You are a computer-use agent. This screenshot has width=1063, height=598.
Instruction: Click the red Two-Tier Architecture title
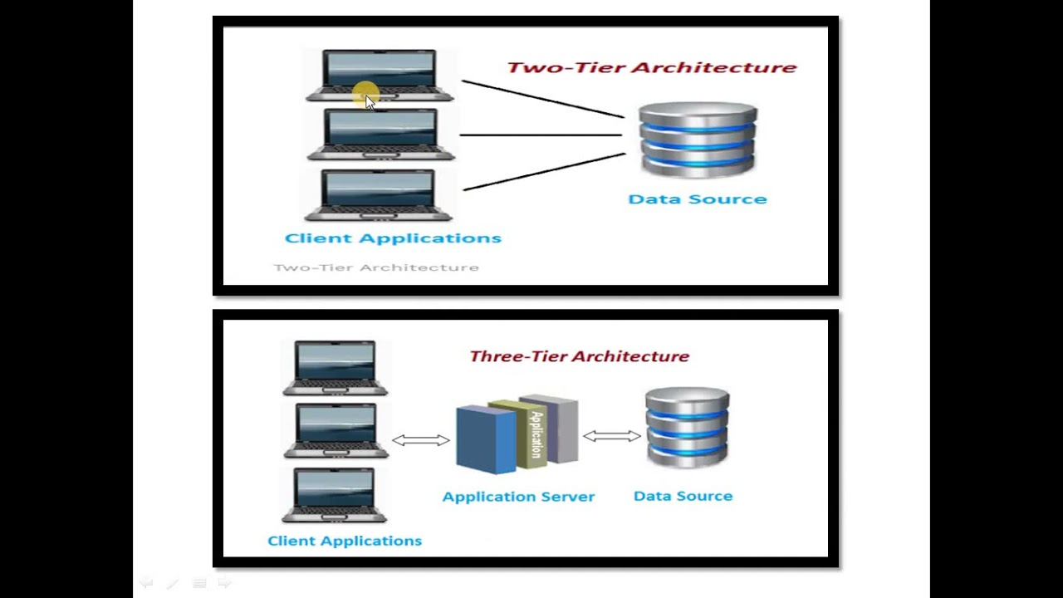click(651, 67)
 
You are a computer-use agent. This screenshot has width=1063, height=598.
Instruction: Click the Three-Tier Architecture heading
click(579, 356)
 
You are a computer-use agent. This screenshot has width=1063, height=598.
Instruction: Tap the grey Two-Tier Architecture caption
click(376, 267)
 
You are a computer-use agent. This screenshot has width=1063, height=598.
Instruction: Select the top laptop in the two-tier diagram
click(380, 75)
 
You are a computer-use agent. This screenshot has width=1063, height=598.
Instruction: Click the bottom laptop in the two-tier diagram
click(380, 195)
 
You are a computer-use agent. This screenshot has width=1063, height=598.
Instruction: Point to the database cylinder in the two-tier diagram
click(698, 140)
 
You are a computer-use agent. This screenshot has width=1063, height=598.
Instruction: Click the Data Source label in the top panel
click(697, 199)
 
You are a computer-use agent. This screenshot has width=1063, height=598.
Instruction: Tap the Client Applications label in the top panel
click(393, 238)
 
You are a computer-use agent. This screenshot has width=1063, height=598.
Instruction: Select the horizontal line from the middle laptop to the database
click(540, 135)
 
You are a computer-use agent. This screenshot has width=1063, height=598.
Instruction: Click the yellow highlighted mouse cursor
click(366, 96)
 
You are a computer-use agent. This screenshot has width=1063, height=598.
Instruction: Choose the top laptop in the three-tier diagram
click(336, 367)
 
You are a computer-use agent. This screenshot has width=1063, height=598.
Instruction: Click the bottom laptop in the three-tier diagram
click(334, 495)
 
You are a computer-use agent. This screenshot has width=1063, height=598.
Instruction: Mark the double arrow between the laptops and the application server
click(420, 440)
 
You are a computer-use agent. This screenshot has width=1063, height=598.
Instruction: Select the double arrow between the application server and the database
click(611, 435)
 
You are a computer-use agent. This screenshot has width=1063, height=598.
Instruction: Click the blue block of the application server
click(484, 440)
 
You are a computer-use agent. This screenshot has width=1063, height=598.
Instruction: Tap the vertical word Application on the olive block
click(536, 434)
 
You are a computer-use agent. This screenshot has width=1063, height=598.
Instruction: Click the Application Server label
click(518, 497)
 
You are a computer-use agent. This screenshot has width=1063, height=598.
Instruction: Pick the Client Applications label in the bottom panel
click(345, 541)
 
